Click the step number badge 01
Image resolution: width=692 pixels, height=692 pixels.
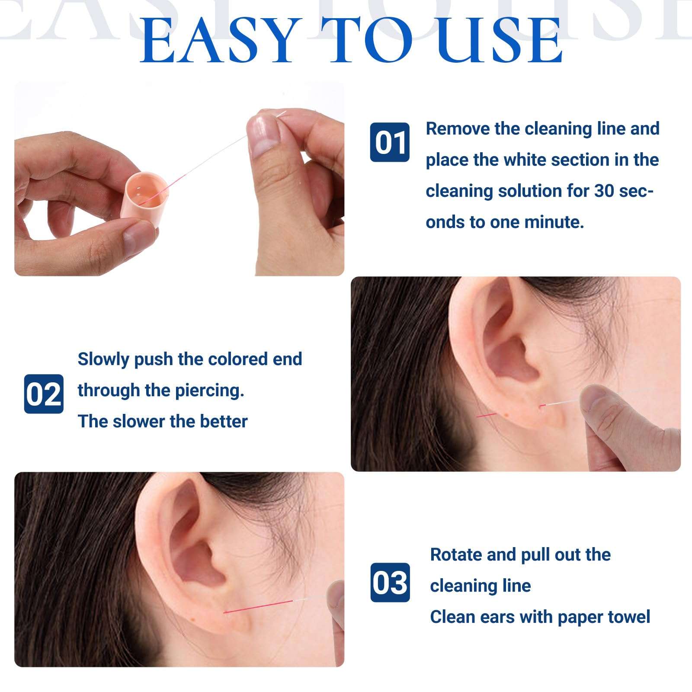click(390, 142)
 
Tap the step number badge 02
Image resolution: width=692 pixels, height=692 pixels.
click(44, 394)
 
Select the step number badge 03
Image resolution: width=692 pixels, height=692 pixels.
click(390, 583)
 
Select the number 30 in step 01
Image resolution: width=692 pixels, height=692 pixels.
click(605, 191)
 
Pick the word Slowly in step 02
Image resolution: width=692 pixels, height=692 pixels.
click(103, 359)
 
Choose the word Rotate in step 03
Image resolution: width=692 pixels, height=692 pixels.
click(456, 554)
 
